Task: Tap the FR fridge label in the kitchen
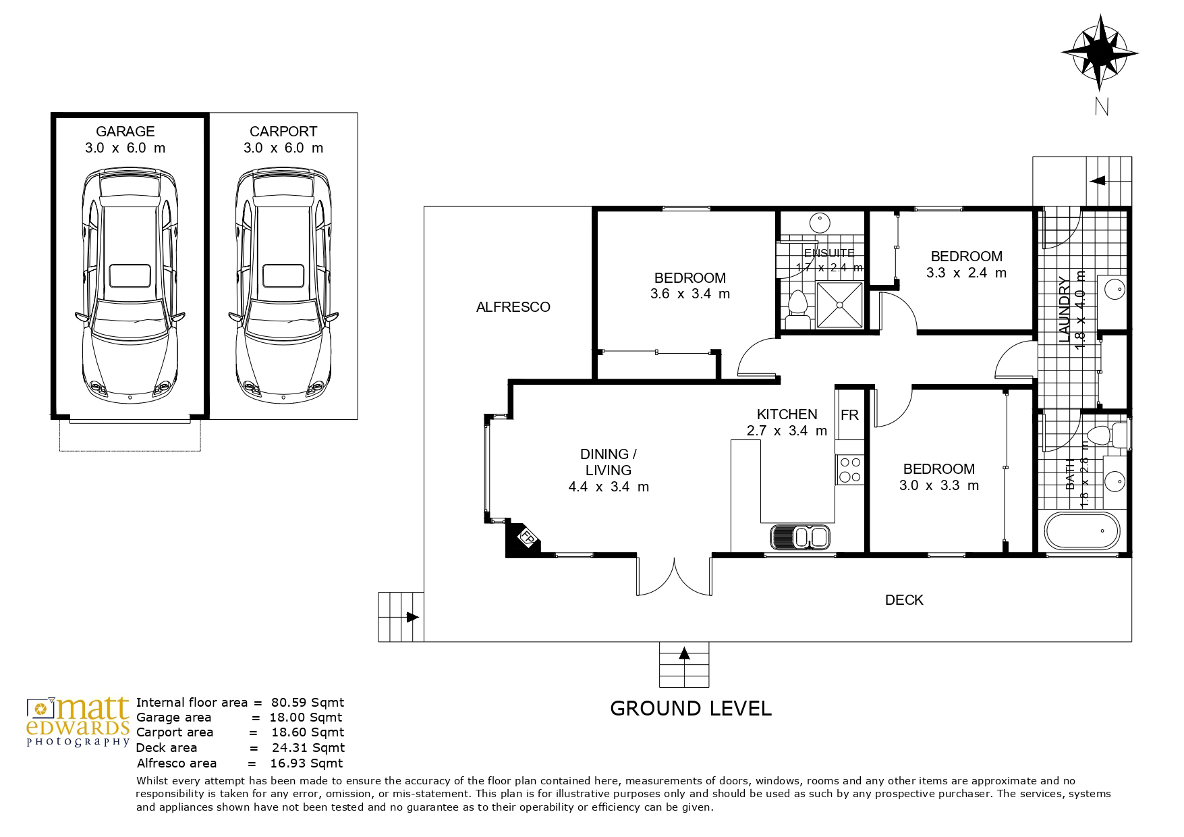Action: (x=849, y=415)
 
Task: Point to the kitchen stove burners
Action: (x=849, y=470)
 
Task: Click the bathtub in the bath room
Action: (x=1081, y=531)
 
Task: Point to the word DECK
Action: (x=904, y=600)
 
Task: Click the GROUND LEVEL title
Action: (x=690, y=708)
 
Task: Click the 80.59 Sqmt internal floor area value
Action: (x=308, y=702)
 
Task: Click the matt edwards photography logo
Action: (x=78, y=722)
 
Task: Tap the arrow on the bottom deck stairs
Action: (x=685, y=653)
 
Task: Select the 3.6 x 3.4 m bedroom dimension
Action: (x=690, y=294)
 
